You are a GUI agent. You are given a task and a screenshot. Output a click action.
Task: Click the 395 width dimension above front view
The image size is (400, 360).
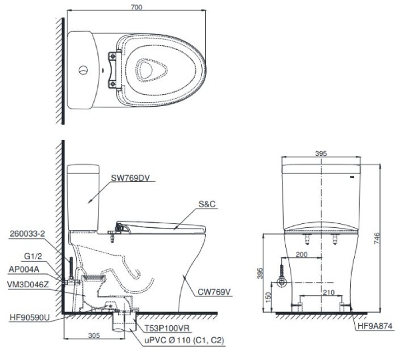click(x=321, y=153)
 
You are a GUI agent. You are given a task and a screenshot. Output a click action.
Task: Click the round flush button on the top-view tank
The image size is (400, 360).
click(x=82, y=69)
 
